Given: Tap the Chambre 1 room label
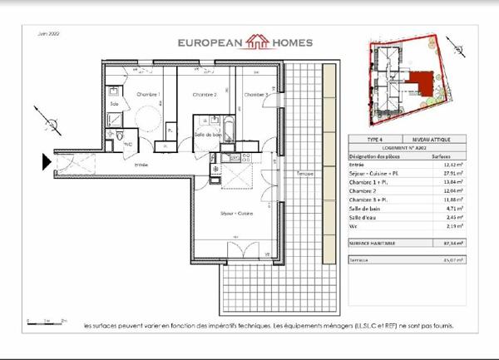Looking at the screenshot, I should click(x=148, y=95).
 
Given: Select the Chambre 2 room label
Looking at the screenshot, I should click(x=204, y=95).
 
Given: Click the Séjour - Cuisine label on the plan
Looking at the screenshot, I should click(x=236, y=214).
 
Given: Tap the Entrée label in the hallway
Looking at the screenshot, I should click(x=143, y=165).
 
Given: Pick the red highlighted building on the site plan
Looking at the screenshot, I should click(x=426, y=83).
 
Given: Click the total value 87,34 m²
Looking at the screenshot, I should click(x=441, y=243).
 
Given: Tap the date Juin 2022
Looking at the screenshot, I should click(x=39, y=34).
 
